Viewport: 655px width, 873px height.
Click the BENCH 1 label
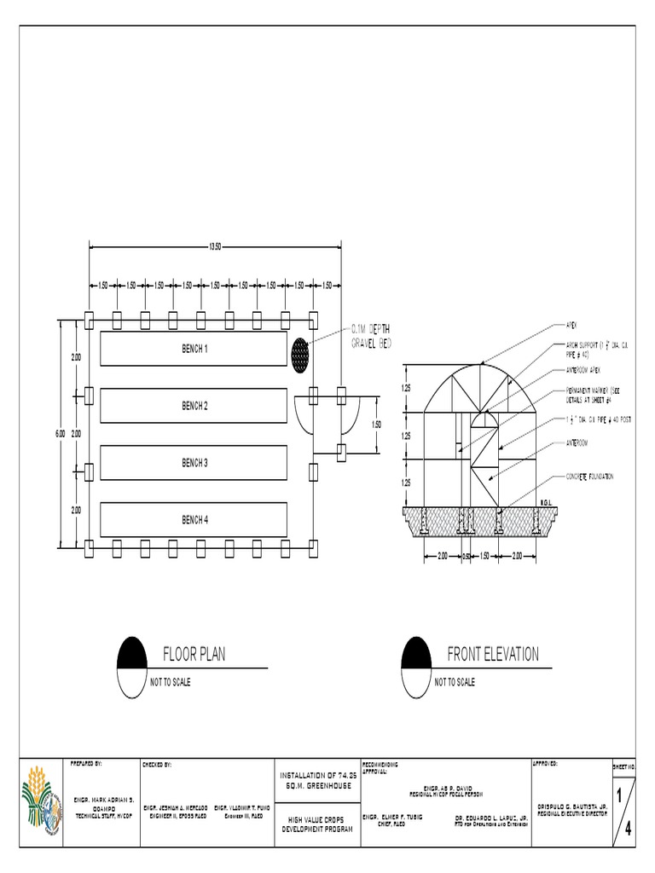[x=194, y=349]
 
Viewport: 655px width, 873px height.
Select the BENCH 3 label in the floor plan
[x=194, y=463]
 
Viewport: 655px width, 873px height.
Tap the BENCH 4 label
[x=194, y=519]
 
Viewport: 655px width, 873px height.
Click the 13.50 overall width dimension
[x=215, y=247]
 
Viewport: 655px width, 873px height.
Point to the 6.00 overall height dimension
[x=60, y=434]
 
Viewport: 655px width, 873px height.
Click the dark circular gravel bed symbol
[x=300, y=354]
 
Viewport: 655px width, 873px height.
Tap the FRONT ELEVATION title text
[x=493, y=655]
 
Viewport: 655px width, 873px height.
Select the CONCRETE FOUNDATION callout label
[x=589, y=477]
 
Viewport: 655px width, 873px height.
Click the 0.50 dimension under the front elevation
[x=467, y=557]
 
